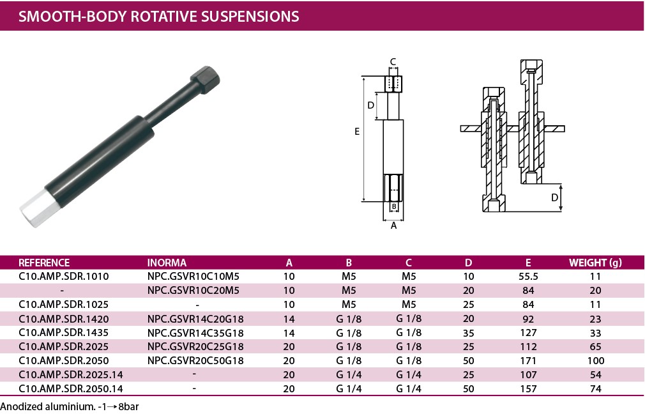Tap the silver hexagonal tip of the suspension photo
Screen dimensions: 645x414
point(34,209)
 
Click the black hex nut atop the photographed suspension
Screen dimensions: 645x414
point(205,79)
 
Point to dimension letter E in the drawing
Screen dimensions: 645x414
point(357,131)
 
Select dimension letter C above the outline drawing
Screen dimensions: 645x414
point(393,62)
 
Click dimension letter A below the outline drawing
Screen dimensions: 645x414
point(393,226)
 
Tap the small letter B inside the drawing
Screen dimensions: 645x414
point(394,206)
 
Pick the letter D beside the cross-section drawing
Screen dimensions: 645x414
point(554,197)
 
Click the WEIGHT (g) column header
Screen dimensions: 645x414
point(595,263)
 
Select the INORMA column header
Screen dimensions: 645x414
point(167,263)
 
